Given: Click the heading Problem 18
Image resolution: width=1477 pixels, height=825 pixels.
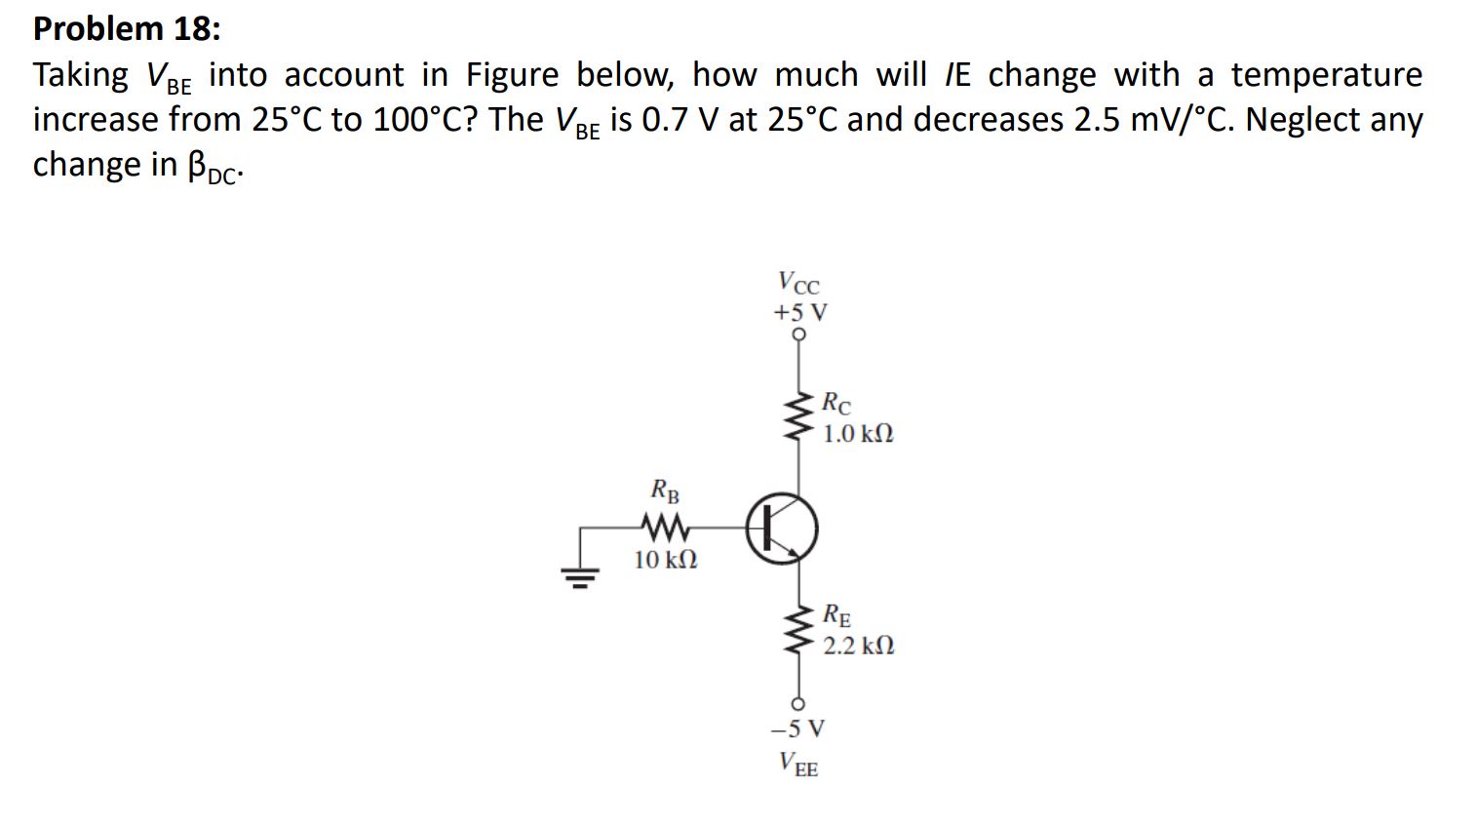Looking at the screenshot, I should pos(127,28).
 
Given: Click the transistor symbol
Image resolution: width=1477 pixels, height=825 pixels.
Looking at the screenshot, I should pos(782,528).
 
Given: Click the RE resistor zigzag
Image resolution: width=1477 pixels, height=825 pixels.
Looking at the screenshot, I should pos(799,630).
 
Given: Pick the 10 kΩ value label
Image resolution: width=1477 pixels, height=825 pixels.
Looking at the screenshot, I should pos(666,560).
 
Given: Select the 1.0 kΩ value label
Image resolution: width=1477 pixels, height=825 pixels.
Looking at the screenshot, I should pos(858,434).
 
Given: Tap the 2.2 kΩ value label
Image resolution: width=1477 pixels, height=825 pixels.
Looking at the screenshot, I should pos(858,646).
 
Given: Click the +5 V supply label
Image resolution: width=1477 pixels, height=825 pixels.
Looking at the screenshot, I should pos(799,312).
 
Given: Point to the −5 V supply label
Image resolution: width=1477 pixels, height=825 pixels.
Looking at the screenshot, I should pos(797,728).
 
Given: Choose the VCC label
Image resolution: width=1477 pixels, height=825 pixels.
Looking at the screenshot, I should pos(799,284).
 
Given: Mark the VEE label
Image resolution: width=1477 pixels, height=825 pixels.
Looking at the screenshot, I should pos(798,764).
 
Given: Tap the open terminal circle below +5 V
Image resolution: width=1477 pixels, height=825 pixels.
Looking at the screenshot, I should pos(799,334).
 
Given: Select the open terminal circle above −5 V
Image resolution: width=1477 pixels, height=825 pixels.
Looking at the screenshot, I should pos(798,703).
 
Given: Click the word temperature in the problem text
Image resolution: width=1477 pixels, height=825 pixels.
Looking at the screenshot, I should pos(1326,75).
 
